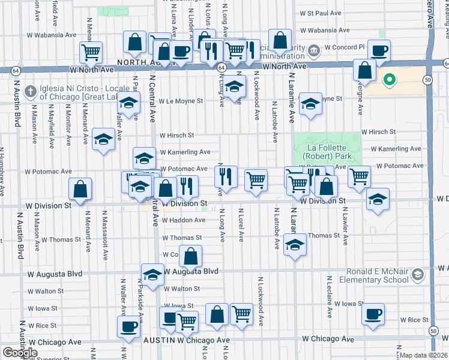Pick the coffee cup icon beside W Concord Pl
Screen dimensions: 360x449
click(378, 50)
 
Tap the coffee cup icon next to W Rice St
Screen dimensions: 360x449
click(373, 313)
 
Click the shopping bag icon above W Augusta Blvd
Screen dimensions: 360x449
click(190, 256)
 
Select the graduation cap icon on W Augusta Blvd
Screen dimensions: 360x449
click(152, 274)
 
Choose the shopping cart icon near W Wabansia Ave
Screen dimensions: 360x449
click(91, 52)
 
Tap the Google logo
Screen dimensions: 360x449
click(20, 352)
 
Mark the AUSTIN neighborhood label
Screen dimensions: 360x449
click(158, 340)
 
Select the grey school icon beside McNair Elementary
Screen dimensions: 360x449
click(418, 275)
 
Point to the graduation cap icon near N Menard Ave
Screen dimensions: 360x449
click(104, 140)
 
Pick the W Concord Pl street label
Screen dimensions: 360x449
click(345, 47)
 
